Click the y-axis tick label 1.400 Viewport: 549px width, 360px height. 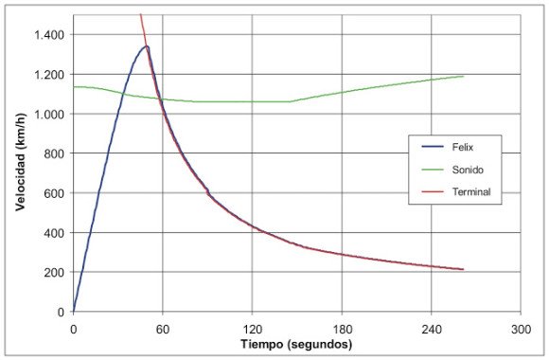pyautogui.click(x=49, y=35)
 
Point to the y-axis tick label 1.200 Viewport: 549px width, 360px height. pyautogui.click(x=49, y=75)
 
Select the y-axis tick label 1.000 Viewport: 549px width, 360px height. pyautogui.click(x=49, y=115)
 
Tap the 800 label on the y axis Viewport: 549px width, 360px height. pyautogui.click(x=54, y=153)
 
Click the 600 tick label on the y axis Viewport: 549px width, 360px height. pyautogui.click(x=54, y=193)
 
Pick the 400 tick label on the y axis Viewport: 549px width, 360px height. pyautogui.click(x=54, y=233)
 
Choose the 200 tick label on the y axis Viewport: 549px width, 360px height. pyautogui.click(x=54, y=272)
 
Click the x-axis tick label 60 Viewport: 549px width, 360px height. pyautogui.click(x=163, y=330)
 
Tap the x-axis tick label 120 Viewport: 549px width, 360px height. pyautogui.click(x=253, y=330)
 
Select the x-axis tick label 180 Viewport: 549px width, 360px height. pyautogui.click(x=342, y=330)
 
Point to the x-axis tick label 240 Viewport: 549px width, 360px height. pyautogui.click(x=432, y=330)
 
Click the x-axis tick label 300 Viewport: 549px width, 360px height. pyautogui.click(x=521, y=330)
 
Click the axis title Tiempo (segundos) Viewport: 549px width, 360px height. pyautogui.click(x=296, y=344)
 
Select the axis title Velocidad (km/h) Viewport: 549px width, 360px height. pyautogui.click(x=21, y=162)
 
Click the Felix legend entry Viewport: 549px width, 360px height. pyautogui.click(x=448, y=147)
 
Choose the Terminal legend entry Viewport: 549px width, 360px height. pyautogui.click(x=456, y=191)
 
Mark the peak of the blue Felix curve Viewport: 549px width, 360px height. pyautogui.click(x=147, y=45)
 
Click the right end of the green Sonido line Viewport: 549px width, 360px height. pyautogui.click(x=464, y=76)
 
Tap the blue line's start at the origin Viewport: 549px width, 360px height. pyautogui.click(x=74, y=312)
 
